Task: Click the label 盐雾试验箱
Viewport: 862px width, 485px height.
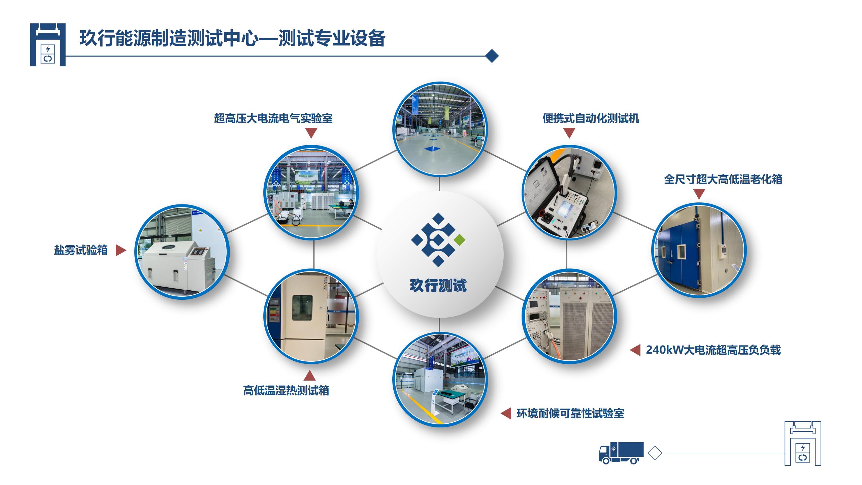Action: pyautogui.click(x=81, y=250)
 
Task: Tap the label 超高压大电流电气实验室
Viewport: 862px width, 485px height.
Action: pyautogui.click(x=273, y=119)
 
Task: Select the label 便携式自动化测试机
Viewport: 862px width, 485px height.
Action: pyautogui.click(x=591, y=119)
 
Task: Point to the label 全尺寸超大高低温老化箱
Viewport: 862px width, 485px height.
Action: pyautogui.click(x=723, y=179)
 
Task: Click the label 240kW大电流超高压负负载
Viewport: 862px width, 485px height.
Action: pyautogui.click(x=713, y=350)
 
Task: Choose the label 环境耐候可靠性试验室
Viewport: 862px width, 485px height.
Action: pyautogui.click(x=570, y=414)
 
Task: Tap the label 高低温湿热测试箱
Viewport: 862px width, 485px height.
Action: pyautogui.click(x=286, y=391)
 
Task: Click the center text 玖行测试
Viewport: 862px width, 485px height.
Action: pyautogui.click(x=438, y=286)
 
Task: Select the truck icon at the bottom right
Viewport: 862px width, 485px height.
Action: pyautogui.click(x=621, y=453)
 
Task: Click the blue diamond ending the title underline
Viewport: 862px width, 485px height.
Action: pyautogui.click(x=492, y=56)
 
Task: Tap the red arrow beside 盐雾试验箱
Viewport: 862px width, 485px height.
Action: pyautogui.click(x=121, y=250)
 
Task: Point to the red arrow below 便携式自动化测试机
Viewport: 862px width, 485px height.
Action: pyautogui.click(x=569, y=133)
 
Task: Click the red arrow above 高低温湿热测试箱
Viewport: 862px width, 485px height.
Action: pyautogui.click(x=309, y=376)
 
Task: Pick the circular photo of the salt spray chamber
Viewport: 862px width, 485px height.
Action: pyautogui.click(x=182, y=252)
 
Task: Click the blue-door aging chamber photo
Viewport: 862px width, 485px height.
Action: pyautogui.click(x=699, y=250)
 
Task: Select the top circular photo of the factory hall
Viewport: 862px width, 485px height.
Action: pyautogui.click(x=439, y=129)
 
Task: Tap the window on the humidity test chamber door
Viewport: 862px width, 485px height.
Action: pyautogui.click(x=302, y=308)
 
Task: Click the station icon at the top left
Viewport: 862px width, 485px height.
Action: pyautogui.click(x=48, y=44)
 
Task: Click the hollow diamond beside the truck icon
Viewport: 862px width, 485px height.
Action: pyautogui.click(x=655, y=453)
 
